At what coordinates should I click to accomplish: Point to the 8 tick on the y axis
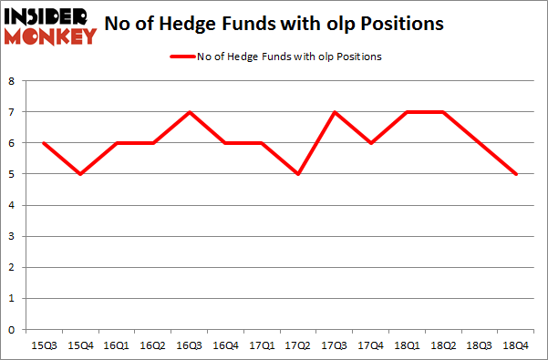(x=13, y=81)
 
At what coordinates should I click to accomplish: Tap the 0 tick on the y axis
(x=13, y=330)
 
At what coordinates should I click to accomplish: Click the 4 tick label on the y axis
(x=13, y=205)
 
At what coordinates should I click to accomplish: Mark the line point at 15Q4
(x=80, y=174)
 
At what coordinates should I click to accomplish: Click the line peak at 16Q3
(x=188, y=112)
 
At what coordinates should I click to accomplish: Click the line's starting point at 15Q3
(x=44, y=143)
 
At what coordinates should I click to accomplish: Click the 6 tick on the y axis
(x=13, y=143)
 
